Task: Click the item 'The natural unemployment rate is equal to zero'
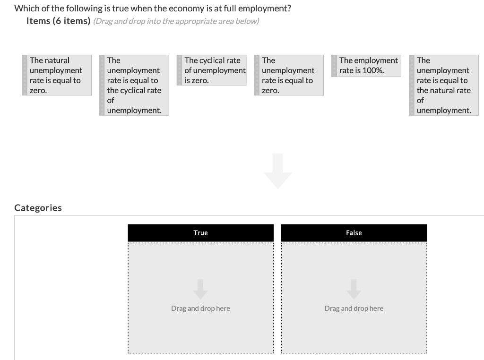57,75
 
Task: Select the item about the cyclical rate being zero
211,70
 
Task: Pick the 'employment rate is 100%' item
366,66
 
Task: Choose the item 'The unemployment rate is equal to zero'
289,75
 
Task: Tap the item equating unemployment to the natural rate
444,86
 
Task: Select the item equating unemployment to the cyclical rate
134,86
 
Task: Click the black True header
200,233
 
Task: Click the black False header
354,233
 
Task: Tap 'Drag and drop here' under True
200,309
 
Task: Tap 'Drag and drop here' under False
354,309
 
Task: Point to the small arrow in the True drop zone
200,289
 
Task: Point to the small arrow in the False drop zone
354,289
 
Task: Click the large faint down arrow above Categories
278,171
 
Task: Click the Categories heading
38,208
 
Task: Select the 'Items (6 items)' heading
58,21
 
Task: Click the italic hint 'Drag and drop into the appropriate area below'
176,21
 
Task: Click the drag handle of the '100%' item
334,66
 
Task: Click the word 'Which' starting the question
24,9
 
